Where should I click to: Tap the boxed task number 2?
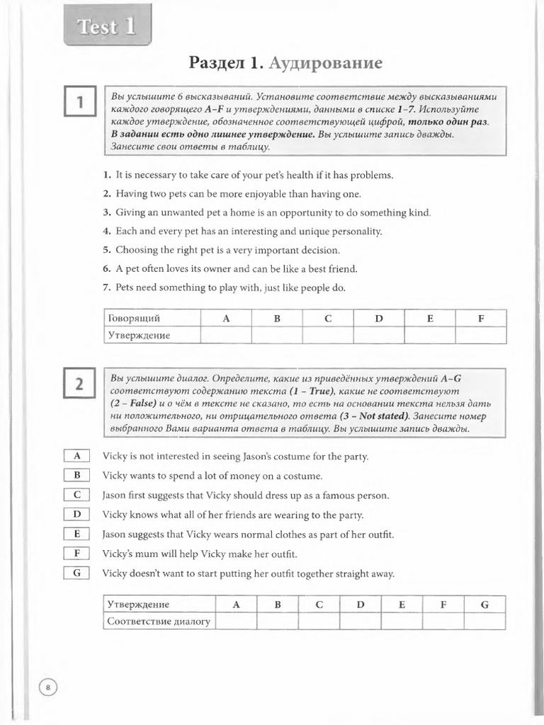[x=81, y=385]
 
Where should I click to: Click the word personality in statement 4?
[x=349, y=231]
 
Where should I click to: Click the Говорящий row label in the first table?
[x=133, y=319]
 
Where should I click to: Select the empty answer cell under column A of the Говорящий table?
[x=226, y=335]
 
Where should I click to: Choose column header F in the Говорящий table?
[x=481, y=319]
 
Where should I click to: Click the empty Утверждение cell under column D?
[x=379, y=335]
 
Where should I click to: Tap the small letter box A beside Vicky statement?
[x=76, y=457]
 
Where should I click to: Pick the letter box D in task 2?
[x=76, y=515]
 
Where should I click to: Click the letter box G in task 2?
[x=76, y=573]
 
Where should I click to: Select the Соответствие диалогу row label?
[x=159, y=622]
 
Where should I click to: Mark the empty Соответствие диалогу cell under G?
[x=484, y=622]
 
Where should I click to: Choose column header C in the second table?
[x=319, y=605]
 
